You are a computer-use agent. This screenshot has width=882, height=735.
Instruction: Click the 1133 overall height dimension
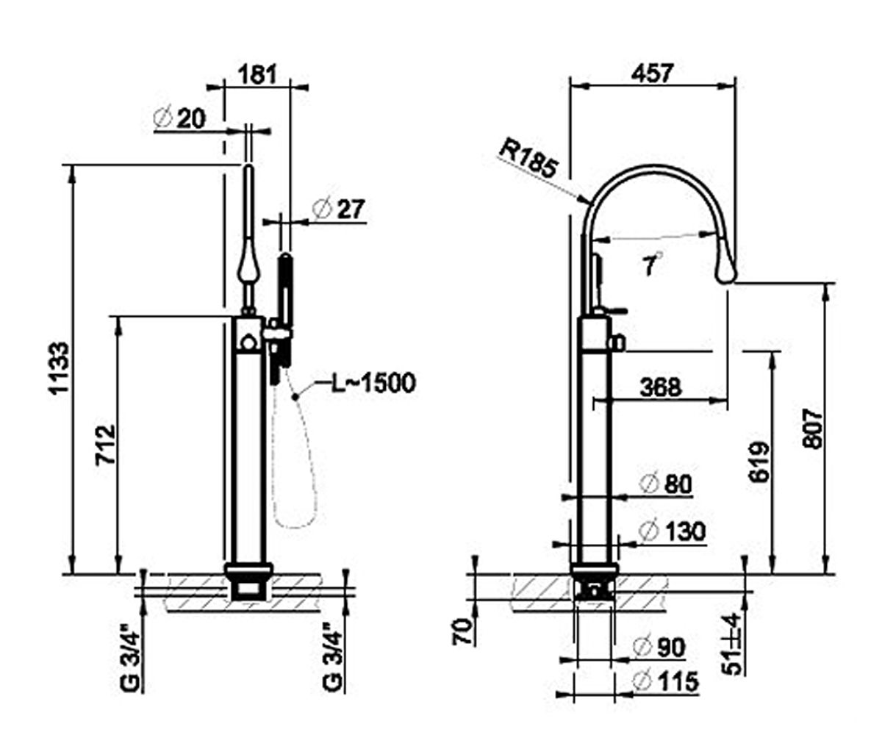(58, 367)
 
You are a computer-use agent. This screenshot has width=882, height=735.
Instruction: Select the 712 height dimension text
(105, 445)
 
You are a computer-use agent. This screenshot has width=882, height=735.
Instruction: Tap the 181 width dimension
(257, 74)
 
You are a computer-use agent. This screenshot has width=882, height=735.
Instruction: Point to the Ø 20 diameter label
(179, 118)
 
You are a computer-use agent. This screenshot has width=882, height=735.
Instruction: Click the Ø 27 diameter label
(338, 209)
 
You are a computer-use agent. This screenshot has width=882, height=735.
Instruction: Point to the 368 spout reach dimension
(661, 387)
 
